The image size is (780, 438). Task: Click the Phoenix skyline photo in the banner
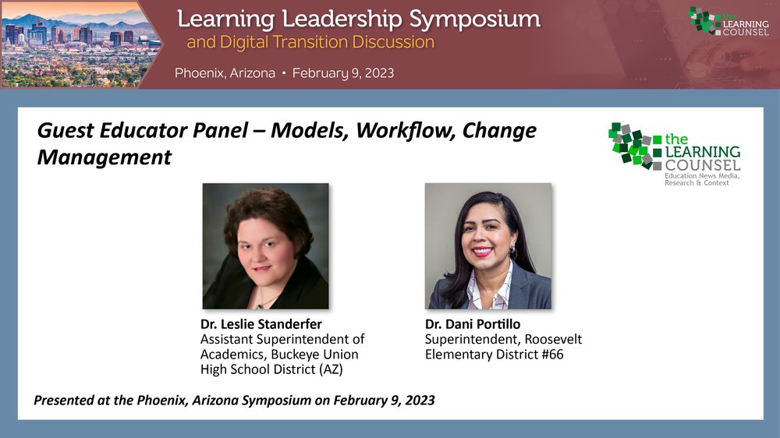click(80, 44)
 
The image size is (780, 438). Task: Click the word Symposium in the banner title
click(474, 20)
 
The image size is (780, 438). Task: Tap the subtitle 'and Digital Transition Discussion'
click(310, 42)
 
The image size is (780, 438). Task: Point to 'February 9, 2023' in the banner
click(343, 73)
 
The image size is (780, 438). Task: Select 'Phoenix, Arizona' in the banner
click(225, 73)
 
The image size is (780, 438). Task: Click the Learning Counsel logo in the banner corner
click(729, 21)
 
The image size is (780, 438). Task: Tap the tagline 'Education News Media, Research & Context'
click(702, 179)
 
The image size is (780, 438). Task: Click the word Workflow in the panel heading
click(406, 131)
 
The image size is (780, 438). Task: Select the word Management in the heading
click(104, 157)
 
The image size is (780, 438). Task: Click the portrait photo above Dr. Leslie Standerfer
click(266, 246)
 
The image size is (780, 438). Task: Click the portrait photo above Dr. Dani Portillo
click(488, 246)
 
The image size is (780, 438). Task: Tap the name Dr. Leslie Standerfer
click(261, 324)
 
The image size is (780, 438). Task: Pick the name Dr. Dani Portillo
click(473, 324)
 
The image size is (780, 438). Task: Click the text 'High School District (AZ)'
click(271, 369)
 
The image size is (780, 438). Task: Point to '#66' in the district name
click(553, 355)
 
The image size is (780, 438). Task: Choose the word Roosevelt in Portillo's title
click(553, 339)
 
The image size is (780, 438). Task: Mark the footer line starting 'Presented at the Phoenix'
click(234, 401)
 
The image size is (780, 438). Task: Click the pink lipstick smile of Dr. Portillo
click(483, 251)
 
